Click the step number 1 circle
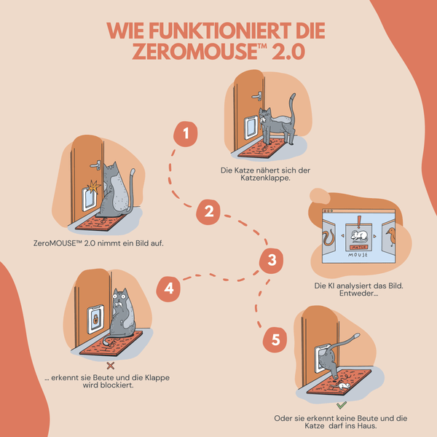pos(186,133)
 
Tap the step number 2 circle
pos(208,212)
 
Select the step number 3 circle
pos(271,260)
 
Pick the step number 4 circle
pos(169,288)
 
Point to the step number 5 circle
pos(275,339)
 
